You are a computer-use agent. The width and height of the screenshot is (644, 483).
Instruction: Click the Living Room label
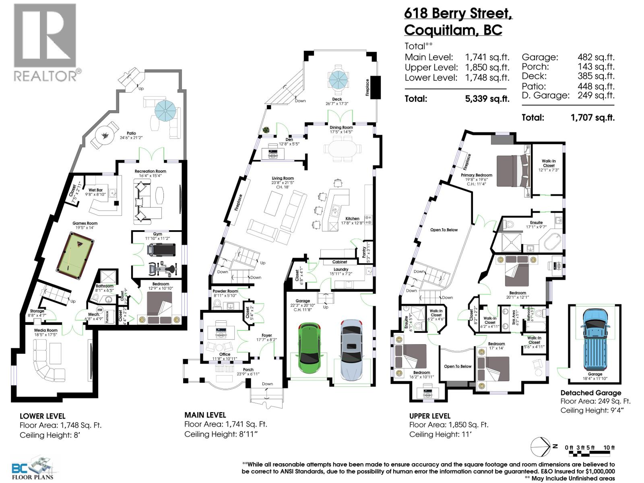283,178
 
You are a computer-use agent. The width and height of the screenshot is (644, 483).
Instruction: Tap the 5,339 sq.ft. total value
487,99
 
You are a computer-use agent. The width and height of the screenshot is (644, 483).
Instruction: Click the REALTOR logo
45,42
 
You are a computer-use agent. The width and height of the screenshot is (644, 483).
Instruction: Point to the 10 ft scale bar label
609,448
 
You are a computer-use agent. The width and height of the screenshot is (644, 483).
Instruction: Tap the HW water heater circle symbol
100,310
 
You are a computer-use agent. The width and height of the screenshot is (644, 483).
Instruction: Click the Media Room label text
46,330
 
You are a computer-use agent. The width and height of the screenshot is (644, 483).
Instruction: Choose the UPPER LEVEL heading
429,416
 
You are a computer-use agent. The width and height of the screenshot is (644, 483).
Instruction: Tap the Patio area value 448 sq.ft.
596,86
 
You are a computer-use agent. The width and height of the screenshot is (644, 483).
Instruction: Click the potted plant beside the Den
266,130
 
